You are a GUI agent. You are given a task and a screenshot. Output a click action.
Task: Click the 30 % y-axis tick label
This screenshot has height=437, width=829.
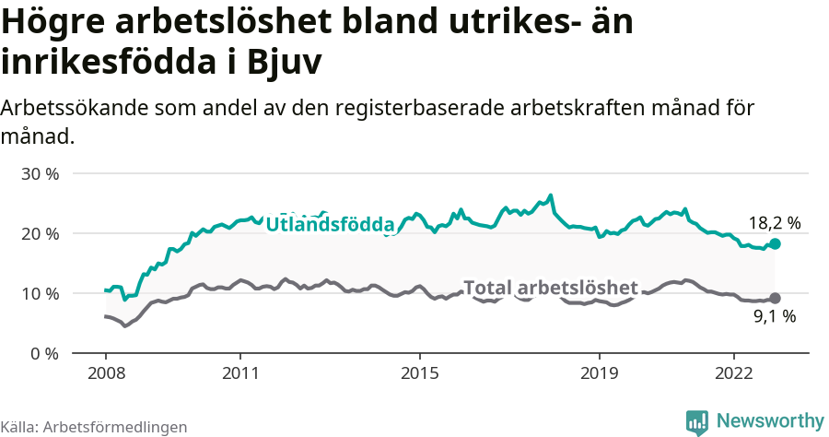click(40, 173)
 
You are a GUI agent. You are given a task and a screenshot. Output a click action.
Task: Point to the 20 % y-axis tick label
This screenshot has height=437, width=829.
click(40, 233)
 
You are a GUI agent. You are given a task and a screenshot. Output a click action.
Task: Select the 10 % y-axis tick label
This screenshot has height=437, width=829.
click(40, 293)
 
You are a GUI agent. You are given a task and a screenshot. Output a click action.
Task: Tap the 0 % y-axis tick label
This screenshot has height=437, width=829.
click(44, 353)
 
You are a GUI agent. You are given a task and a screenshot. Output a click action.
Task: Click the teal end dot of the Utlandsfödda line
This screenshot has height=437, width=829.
click(775, 243)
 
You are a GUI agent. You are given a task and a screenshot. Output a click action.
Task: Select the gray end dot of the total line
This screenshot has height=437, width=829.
click(775, 298)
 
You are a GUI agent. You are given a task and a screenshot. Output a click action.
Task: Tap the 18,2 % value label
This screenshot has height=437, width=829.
click(774, 222)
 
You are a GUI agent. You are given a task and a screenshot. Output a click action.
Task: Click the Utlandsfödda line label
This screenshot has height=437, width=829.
click(330, 224)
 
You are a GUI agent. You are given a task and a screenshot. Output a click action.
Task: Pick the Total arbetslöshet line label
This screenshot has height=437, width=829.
click(550, 287)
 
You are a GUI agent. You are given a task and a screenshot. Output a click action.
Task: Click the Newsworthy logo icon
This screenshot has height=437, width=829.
click(696, 421)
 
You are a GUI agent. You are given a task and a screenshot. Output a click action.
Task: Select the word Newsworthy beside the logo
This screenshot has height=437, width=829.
click(770, 420)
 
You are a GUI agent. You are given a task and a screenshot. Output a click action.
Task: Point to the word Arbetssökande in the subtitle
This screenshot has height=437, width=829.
click(64, 108)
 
